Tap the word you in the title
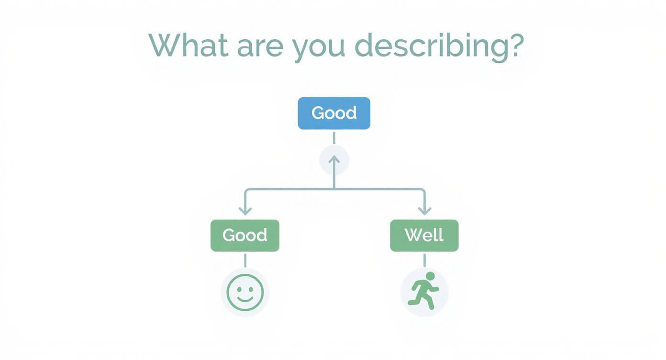point(319,48)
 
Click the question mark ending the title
point(515,45)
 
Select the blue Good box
point(334,113)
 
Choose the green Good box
point(245,235)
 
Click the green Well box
point(424,235)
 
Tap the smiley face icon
point(245,292)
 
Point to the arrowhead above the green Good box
point(245,210)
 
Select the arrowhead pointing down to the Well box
point(424,210)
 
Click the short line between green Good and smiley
point(245,260)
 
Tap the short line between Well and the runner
point(424,260)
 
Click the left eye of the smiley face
point(239,289)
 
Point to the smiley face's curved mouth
point(245,299)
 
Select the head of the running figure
point(430,276)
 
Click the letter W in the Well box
point(413,235)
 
